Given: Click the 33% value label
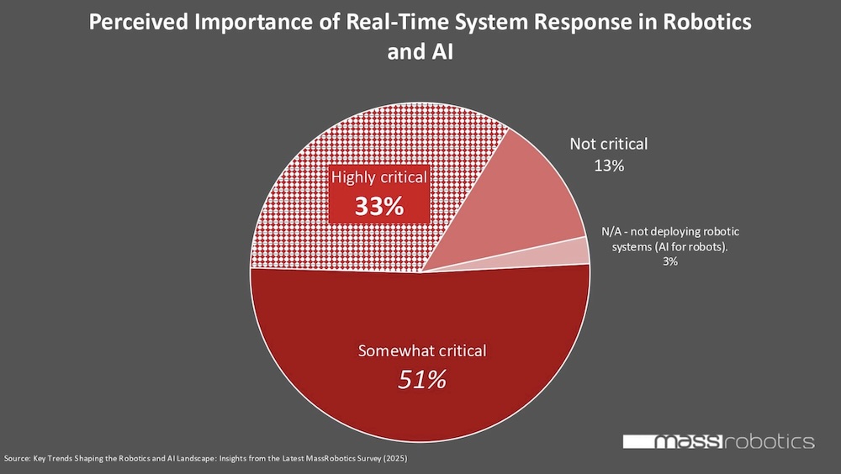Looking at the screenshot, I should click(x=378, y=206).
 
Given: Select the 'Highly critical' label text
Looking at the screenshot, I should click(x=379, y=177).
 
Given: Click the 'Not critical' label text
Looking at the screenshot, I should click(x=608, y=144).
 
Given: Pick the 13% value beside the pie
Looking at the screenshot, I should click(x=608, y=166).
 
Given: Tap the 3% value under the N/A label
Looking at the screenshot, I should click(x=669, y=261).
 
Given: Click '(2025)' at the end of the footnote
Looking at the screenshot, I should click(x=394, y=460).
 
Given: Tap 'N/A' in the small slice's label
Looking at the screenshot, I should click(x=611, y=231).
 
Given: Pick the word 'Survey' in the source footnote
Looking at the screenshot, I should click(x=363, y=460).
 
